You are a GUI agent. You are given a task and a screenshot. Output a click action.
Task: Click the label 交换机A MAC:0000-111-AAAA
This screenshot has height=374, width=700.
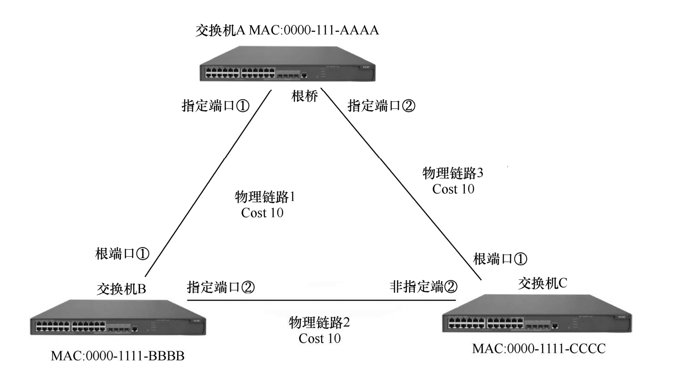(x=287, y=31)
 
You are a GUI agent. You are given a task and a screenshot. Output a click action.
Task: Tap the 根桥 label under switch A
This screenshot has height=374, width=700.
(x=305, y=97)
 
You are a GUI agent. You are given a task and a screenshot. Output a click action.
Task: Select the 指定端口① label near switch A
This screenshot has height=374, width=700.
(x=215, y=106)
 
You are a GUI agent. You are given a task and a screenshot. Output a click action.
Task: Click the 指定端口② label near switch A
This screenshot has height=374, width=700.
(x=381, y=106)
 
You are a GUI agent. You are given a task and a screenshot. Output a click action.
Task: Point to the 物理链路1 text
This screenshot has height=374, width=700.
(x=265, y=197)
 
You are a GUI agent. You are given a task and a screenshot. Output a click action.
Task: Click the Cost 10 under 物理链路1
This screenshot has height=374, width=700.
(x=262, y=213)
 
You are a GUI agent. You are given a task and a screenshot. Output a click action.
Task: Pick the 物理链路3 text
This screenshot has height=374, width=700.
(x=453, y=173)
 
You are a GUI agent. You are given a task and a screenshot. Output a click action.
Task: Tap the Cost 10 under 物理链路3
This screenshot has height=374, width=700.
(x=453, y=189)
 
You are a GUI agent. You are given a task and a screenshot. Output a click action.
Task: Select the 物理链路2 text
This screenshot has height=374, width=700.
(x=320, y=322)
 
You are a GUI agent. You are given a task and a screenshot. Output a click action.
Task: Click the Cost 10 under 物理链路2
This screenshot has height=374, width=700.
(x=320, y=338)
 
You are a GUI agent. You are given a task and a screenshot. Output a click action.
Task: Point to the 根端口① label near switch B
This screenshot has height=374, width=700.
(x=122, y=254)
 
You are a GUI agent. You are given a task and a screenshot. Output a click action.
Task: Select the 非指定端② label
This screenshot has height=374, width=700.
(x=423, y=286)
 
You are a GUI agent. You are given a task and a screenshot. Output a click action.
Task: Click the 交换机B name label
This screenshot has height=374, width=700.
(x=121, y=289)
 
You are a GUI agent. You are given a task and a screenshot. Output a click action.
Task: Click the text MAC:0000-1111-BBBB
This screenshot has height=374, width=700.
(x=118, y=357)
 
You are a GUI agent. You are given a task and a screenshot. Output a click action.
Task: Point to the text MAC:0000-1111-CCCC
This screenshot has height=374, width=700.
(x=539, y=348)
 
